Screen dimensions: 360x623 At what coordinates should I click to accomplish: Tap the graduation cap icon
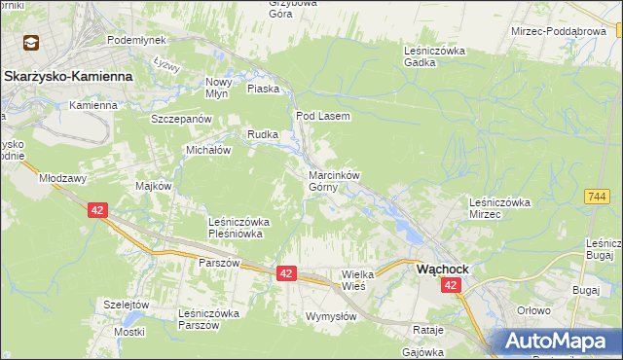tap(31, 43)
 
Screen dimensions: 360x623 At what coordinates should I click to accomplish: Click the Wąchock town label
tap(442, 268)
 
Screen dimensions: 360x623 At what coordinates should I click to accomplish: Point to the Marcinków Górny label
tap(334, 181)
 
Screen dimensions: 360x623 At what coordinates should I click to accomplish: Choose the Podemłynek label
tap(136, 40)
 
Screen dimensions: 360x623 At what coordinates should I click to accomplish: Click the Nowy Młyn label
tap(217, 88)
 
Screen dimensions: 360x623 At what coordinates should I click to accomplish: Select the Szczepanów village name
tap(181, 118)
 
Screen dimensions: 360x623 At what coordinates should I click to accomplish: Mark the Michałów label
tap(207, 151)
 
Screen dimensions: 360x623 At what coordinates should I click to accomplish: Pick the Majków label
tap(155, 185)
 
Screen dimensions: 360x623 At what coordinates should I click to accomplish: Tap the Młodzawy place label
tap(63, 179)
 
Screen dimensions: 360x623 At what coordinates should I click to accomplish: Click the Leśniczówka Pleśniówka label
tap(239, 228)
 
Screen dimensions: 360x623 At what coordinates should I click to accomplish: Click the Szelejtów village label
tap(126, 305)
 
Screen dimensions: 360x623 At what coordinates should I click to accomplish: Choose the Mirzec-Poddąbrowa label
tap(559, 31)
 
